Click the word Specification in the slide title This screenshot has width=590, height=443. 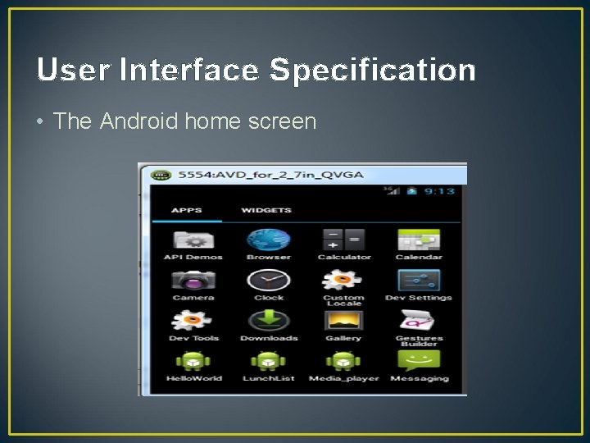pos(373,71)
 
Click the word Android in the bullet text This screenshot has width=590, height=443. pos(138,121)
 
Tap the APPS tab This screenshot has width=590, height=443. pos(186,211)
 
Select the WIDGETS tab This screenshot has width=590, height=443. pos(265,211)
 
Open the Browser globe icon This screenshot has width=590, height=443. pos(268,240)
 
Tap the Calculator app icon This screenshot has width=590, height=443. pos(343,240)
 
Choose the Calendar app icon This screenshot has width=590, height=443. pos(419,240)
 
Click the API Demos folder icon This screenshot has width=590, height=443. pos(193,240)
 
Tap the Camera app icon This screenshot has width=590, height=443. pos(193,281)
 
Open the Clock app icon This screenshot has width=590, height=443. pos(268,281)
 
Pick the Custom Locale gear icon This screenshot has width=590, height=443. pos(343,280)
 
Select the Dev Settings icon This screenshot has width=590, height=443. pos(419,281)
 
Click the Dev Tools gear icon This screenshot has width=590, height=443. pos(193,321)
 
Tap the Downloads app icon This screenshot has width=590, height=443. pos(268,321)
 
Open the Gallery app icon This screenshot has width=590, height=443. pos(343,321)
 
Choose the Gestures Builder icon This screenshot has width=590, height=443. pos(419,320)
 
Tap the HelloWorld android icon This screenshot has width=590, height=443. pos(193,361)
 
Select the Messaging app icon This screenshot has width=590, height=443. pos(419,361)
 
